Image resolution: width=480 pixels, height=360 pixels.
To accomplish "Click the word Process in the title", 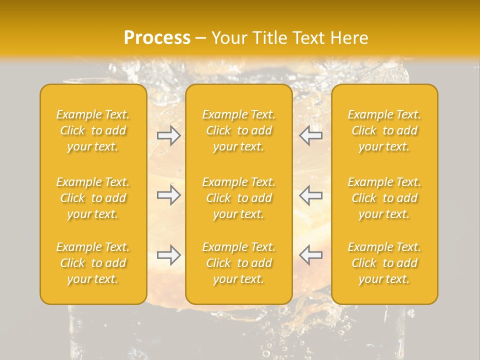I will (x=157, y=38).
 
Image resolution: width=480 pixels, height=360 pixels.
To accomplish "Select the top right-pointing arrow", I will (x=169, y=135).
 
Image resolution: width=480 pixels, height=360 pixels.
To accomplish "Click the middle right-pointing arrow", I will (x=169, y=195).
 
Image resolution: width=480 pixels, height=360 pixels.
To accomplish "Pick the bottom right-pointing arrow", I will (x=169, y=255).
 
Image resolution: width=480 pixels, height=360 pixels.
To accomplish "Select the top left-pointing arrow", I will (x=311, y=135).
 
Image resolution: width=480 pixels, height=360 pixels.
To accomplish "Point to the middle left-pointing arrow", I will (x=311, y=195).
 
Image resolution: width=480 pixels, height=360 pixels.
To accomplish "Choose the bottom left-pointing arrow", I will (x=311, y=255).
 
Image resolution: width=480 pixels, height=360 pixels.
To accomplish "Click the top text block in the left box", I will (x=93, y=130).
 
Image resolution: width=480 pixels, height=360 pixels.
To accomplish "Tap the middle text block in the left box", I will (x=93, y=198).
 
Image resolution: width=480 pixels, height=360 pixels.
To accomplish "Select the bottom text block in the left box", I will (x=93, y=263).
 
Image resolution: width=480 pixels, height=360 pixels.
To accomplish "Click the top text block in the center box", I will (x=239, y=130).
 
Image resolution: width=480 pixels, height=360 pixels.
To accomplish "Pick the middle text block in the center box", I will (x=239, y=198).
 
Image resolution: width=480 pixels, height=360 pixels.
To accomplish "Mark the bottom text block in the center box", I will (x=239, y=263).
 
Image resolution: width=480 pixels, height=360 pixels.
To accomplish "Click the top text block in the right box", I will (x=384, y=130).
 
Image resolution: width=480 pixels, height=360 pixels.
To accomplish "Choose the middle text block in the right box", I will (x=384, y=198).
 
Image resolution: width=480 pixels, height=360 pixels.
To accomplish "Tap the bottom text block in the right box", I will (x=384, y=263).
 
